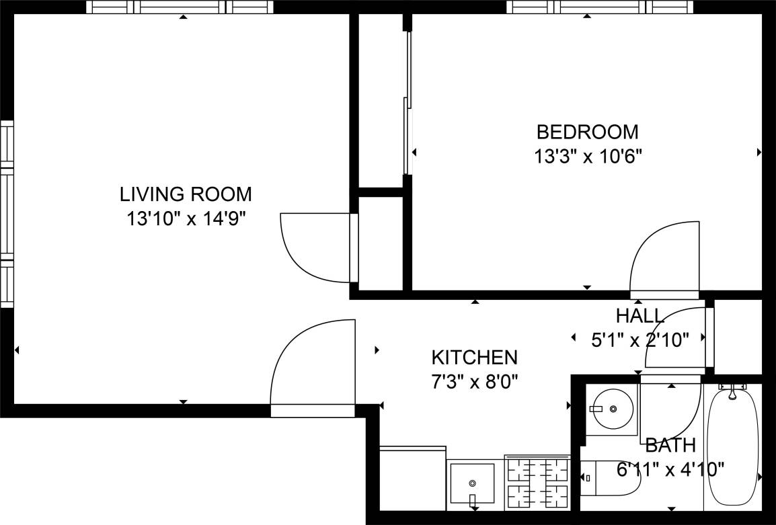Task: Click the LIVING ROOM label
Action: coord(186,194)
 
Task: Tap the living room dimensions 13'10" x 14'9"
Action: coord(186,218)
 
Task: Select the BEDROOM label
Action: coord(587,131)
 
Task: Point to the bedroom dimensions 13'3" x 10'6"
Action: coord(587,157)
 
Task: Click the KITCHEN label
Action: coord(474,356)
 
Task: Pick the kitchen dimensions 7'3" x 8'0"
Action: coord(474,382)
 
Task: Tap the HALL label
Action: coord(639,315)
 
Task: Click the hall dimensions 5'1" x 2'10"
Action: coord(639,340)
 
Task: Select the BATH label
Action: coord(670,445)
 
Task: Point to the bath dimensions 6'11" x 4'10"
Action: coord(670,469)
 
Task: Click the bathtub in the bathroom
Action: coord(732,447)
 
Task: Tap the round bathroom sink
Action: coord(612,409)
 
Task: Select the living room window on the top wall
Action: coord(182,7)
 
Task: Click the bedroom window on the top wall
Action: coord(600,7)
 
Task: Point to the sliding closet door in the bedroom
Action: coord(406,101)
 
